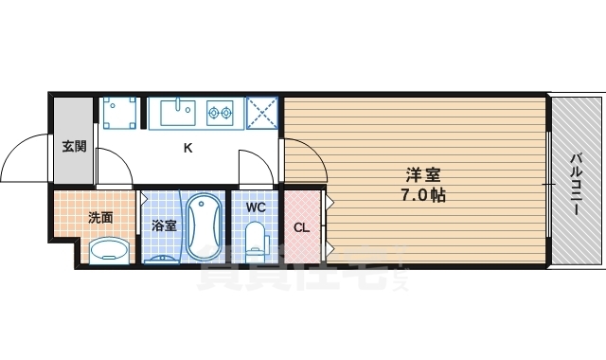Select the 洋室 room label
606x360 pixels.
click(x=423, y=175)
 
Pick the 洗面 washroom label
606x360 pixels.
click(x=100, y=217)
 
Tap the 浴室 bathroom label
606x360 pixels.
click(x=164, y=225)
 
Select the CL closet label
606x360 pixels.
click(x=301, y=227)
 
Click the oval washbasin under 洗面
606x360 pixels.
click(x=108, y=250)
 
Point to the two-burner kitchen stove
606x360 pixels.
click(x=220, y=113)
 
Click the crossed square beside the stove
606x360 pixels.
click(x=261, y=113)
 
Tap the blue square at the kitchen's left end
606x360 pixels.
click(x=119, y=113)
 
